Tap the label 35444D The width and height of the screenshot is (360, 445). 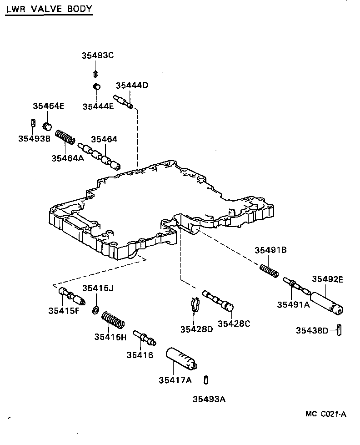(x=132, y=86)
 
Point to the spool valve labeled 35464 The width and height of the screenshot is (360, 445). (x=100, y=156)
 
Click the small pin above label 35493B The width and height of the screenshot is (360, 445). (x=33, y=123)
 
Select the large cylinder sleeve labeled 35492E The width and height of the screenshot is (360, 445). (x=327, y=303)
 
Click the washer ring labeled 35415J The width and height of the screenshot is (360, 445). (x=95, y=310)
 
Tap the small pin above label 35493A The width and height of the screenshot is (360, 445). (x=206, y=379)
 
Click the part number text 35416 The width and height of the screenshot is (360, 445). (x=140, y=355)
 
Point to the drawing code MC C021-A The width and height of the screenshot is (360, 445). (x=326, y=414)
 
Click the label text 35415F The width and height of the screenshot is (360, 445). (x=64, y=311)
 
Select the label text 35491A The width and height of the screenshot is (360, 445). (x=293, y=305)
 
